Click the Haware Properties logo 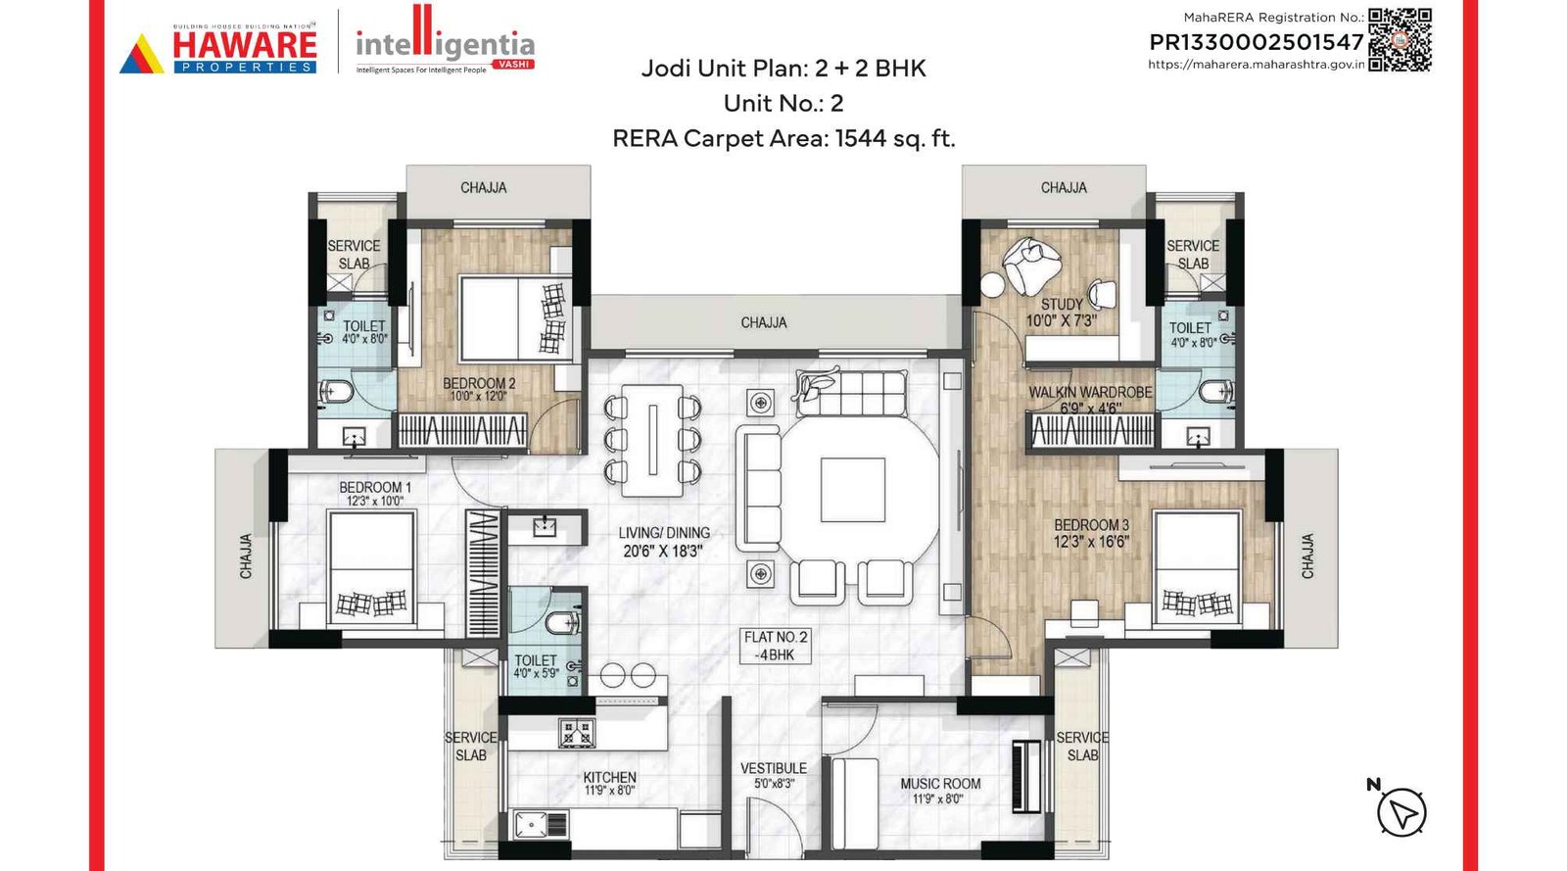click(218, 49)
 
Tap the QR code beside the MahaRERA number click(1400, 39)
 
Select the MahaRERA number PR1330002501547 click(1256, 42)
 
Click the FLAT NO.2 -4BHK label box click(776, 646)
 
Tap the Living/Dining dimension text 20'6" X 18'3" click(663, 552)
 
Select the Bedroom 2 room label click(479, 383)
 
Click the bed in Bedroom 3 click(1197, 567)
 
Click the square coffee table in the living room click(852, 489)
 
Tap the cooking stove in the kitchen click(576, 732)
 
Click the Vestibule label click(774, 768)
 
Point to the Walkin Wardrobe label click(1090, 392)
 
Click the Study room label click(1062, 305)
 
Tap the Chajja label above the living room click(764, 322)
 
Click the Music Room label click(940, 784)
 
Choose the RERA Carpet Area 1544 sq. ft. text click(783, 138)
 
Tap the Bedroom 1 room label click(375, 487)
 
